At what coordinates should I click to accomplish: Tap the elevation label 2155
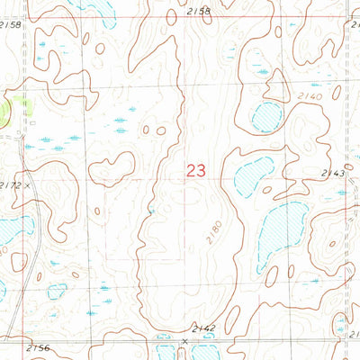point(200,11)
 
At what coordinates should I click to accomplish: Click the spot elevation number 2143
point(332,173)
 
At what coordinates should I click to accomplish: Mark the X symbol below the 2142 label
point(184,341)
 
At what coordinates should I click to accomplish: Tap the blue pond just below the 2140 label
point(266,116)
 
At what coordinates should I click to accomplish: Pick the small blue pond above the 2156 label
point(57,291)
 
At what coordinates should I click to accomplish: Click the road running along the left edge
point(30,270)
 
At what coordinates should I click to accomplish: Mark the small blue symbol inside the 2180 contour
point(151,211)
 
